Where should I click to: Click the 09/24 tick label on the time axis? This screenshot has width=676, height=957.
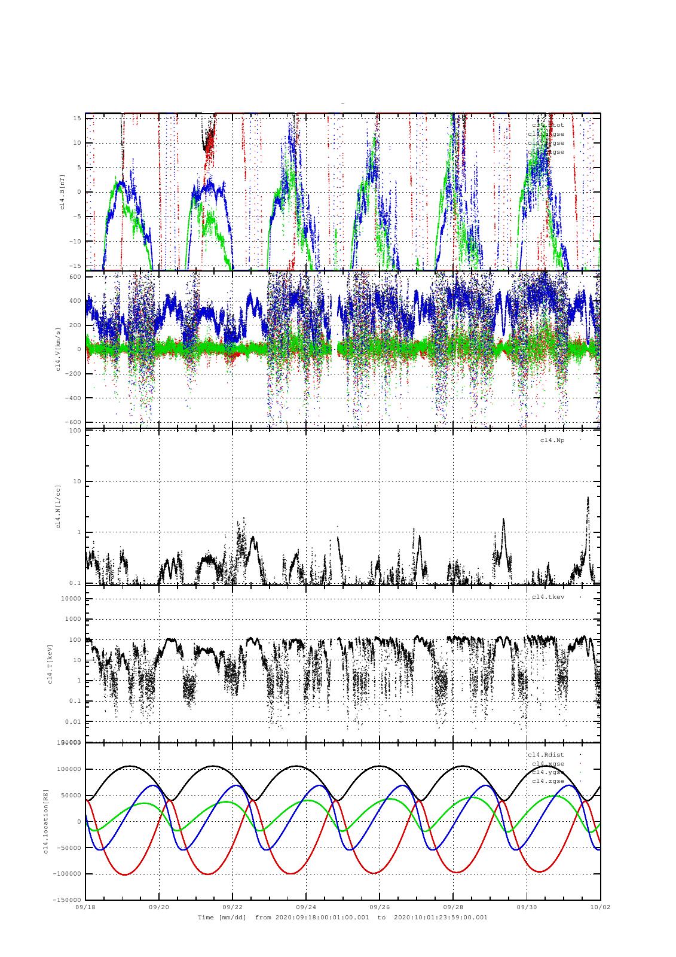(305, 907)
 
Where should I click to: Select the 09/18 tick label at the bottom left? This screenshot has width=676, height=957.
(86, 907)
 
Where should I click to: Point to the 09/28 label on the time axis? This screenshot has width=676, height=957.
(452, 907)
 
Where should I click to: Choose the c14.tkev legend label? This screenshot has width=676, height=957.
(548, 597)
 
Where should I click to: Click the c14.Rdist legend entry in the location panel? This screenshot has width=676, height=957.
(546, 755)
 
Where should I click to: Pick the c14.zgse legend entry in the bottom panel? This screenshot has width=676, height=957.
(548, 781)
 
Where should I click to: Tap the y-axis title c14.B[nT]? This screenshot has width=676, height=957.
(62, 191)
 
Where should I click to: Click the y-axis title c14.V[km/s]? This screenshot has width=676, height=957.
(57, 349)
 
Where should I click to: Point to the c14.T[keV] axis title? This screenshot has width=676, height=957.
(52, 663)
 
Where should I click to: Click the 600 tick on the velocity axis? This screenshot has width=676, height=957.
(75, 276)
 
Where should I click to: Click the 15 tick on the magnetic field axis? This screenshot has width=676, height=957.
(77, 118)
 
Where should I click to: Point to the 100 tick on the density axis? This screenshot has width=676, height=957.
(75, 431)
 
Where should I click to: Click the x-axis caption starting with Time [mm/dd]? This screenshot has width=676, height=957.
(342, 917)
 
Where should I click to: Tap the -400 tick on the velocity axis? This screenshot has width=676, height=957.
(73, 398)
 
